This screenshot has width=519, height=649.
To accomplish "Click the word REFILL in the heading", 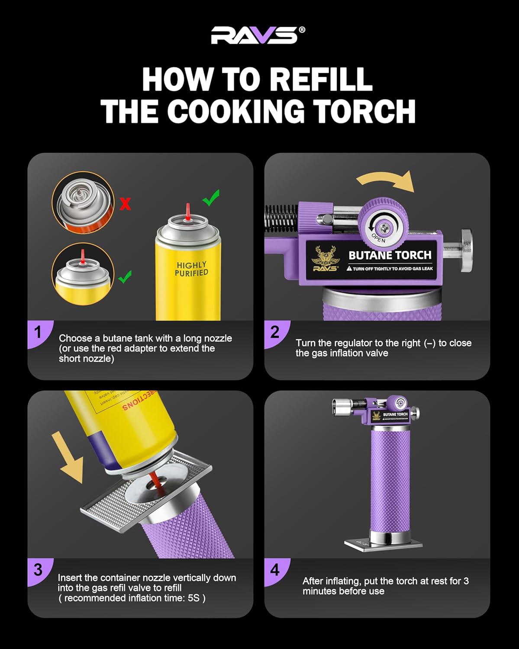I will pos(321,80).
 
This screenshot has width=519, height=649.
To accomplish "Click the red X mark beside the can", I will pos(125,203).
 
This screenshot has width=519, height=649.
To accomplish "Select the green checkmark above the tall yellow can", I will pos(211,198).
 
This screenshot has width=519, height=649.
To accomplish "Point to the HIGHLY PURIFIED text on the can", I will pos(191,269).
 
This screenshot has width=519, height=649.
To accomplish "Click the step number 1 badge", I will pos(38,332).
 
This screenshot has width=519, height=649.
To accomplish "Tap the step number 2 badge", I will pos(275,332).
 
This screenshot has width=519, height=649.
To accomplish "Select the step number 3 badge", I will pos(38,570).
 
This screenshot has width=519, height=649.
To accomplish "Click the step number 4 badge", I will pos(275,570).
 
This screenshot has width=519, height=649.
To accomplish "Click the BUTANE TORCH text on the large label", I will pos(390,255).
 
